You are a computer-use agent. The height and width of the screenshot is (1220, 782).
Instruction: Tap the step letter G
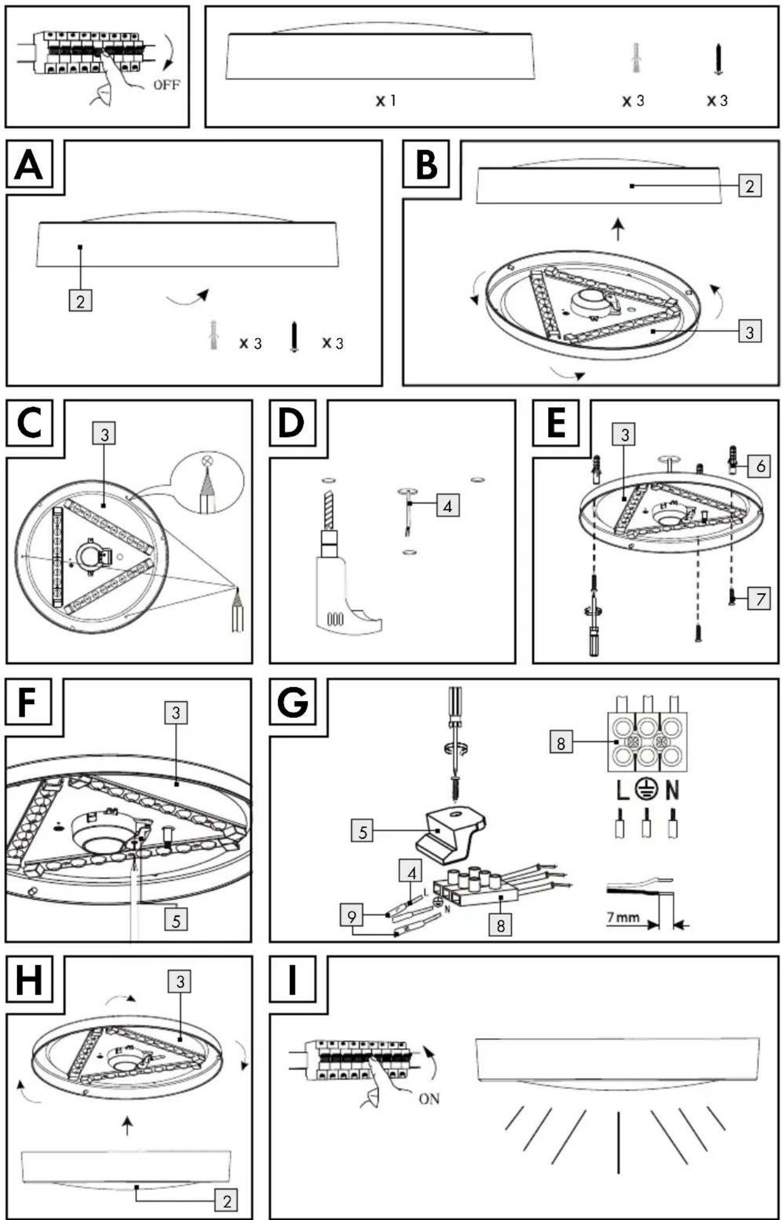(x=292, y=702)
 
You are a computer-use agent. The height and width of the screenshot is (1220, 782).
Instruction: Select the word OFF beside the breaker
(x=167, y=84)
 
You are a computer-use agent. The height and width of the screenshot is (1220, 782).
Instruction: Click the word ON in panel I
(x=429, y=1098)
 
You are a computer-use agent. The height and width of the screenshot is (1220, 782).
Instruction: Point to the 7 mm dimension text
(x=623, y=917)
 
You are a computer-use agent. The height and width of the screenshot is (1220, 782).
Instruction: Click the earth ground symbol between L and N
(x=647, y=790)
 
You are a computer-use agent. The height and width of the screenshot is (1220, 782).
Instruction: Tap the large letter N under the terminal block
(x=672, y=790)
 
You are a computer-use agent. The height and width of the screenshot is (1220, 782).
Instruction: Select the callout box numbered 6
(x=760, y=466)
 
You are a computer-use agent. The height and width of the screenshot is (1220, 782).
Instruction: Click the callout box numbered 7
(x=760, y=599)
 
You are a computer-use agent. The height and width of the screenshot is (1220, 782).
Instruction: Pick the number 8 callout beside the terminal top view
(x=561, y=742)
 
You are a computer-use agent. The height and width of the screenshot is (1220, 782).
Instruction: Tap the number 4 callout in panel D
(x=448, y=506)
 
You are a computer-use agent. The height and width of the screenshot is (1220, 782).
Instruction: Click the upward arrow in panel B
(x=618, y=229)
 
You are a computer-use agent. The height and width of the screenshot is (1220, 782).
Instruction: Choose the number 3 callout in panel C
(x=105, y=434)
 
